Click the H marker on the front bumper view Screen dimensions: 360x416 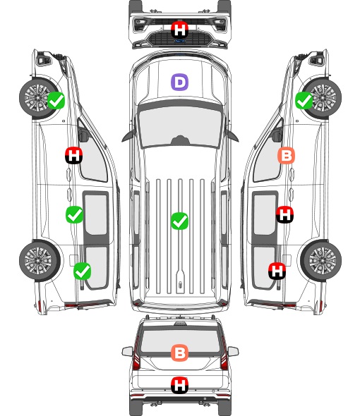[179, 30]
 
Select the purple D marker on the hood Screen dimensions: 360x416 [179, 82]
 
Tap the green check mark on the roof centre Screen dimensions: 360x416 [179, 221]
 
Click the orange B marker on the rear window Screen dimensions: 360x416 [179, 353]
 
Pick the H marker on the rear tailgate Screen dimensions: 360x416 [179, 385]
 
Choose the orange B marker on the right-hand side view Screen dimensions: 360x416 [286, 155]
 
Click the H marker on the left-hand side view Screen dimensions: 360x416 [73, 155]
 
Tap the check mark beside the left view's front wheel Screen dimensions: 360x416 [56, 100]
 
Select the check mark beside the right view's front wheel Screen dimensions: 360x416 [304, 100]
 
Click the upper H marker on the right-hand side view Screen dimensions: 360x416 [284, 214]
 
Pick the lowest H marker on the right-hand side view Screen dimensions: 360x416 [277, 271]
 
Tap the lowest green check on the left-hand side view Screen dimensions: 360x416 [82, 271]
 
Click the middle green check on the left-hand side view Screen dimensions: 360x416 [74, 214]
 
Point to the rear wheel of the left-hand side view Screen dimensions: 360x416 [39, 261]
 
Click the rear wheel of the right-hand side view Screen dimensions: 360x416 [321, 261]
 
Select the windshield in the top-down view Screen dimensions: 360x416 [180, 127]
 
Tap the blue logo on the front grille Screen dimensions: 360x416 [180, 41]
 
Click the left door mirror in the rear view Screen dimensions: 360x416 [127, 352]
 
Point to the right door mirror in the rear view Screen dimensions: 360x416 [233, 352]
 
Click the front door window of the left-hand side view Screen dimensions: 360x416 [93, 157]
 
